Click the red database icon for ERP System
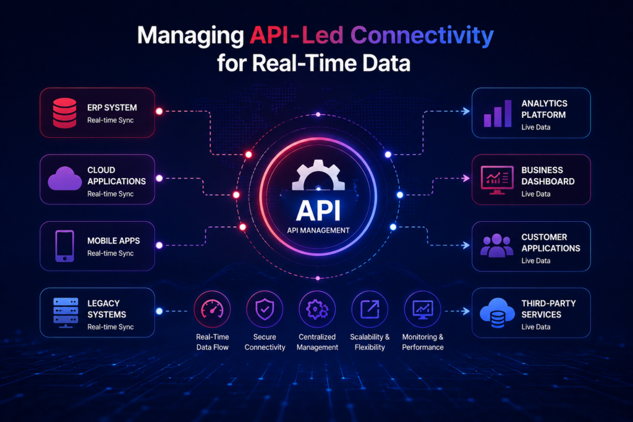coord(64,113)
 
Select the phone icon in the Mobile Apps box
coord(64,246)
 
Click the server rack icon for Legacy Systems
coord(66,313)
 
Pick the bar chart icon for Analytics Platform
coord(498,113)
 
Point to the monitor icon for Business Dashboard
coord(497,180)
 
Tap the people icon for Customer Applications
coord(497,245)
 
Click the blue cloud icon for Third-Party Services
coord(497,313)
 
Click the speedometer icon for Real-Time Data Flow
coord(213,310)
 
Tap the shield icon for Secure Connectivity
coord(265,310)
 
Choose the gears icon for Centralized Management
coord(317,310)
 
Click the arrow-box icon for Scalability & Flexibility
coord(370,310)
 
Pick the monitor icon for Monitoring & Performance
coord(423,310)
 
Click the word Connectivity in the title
coord(422,36)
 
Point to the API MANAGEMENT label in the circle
coord(318,230)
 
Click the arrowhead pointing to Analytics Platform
coord(466,111)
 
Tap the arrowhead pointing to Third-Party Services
coord(466,311)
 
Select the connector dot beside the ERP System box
coord(159,111)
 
